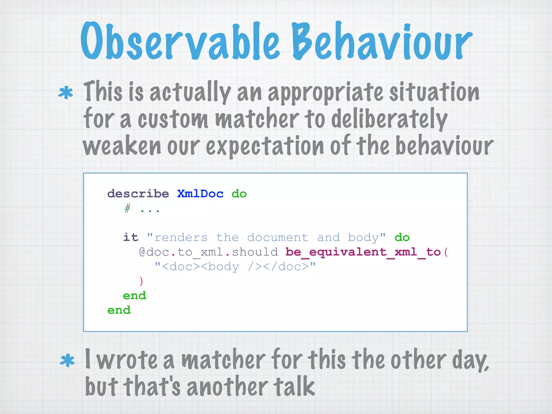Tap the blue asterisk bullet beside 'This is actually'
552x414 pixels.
coord(65,93)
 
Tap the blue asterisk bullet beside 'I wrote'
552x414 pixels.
coord(67,361)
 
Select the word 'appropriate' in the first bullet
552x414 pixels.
coord(325,93)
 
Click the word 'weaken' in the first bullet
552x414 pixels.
coord(122,146)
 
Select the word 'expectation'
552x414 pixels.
coord(265,146)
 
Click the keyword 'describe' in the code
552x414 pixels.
coord(138,194)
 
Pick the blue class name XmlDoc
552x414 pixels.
coord(200,194)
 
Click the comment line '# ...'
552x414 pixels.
coord(142,209)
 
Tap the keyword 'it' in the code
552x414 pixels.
coord(131,237)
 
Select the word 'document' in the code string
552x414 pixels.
coord(278,237)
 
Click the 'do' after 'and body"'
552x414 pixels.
coord(402,237)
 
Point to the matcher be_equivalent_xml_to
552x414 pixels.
coord(363,252)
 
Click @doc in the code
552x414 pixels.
coord(154,252)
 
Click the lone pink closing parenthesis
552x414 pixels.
coord(141,281)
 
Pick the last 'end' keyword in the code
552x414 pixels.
coord(119,310)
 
